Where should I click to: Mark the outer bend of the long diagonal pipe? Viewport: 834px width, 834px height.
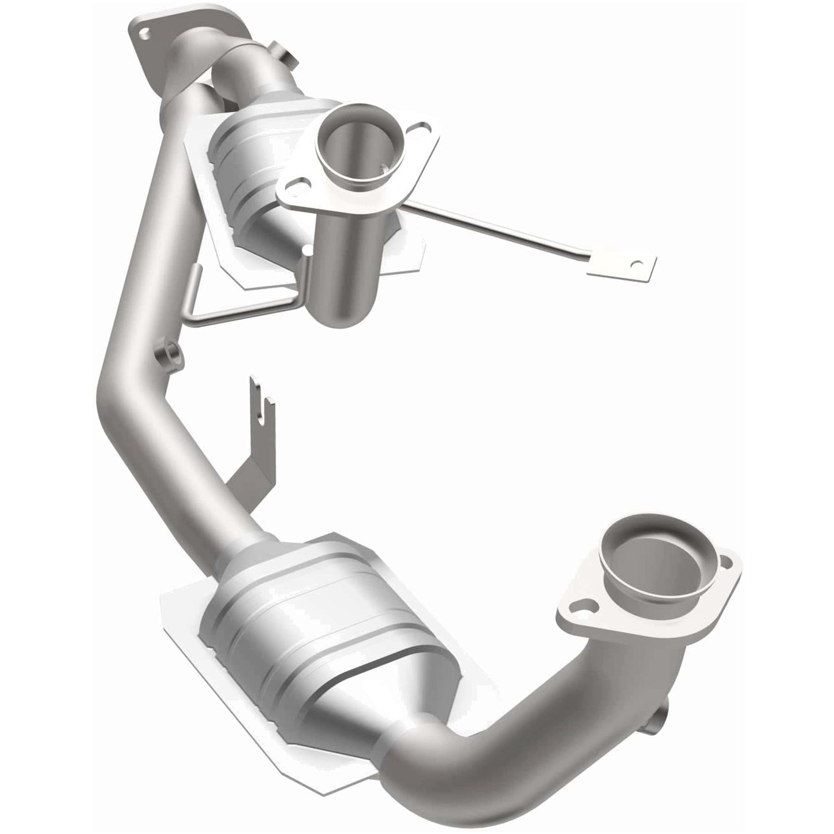(104, 398)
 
